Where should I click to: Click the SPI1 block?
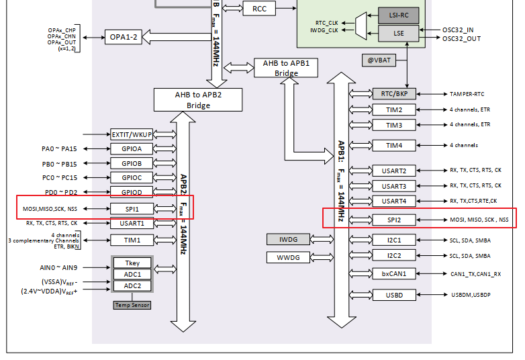[x=132, y=209]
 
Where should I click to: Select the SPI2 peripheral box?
[x=394, y=220]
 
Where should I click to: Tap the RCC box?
[x=259, y=8]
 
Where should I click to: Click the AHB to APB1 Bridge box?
[x=286, y=68]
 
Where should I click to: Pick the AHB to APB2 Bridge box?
[x=197, y=99]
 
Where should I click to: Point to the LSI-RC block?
[x=398, y=15]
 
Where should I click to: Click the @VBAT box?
[x=379, y=60]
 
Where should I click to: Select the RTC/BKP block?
[x=394, y=94]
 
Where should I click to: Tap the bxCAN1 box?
[x=394, y=273]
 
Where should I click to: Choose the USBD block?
[x=394, y=295]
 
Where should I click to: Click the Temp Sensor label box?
[x=132, y=305]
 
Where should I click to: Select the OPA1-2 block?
[x=123, y=37]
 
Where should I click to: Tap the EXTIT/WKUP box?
[x=132, y=135]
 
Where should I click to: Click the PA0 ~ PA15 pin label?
[x=54, y=148]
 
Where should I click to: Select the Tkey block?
[x=132, y=263]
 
